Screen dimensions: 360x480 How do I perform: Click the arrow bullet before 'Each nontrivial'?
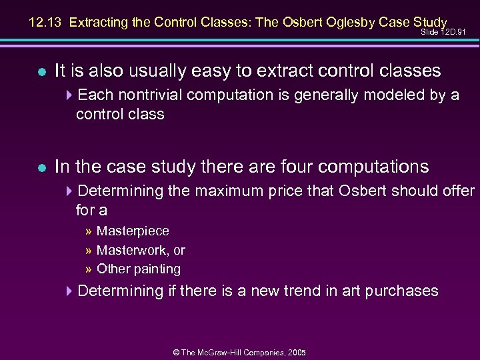click(x=71, y=95)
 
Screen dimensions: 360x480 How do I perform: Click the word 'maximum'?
click(x=226, y=191)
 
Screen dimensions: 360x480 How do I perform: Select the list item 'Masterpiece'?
click(x=133, y=231)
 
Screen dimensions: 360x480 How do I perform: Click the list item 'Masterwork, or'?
click(x=141, y=251)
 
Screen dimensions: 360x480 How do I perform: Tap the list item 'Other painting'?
click(x=139, y=269)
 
